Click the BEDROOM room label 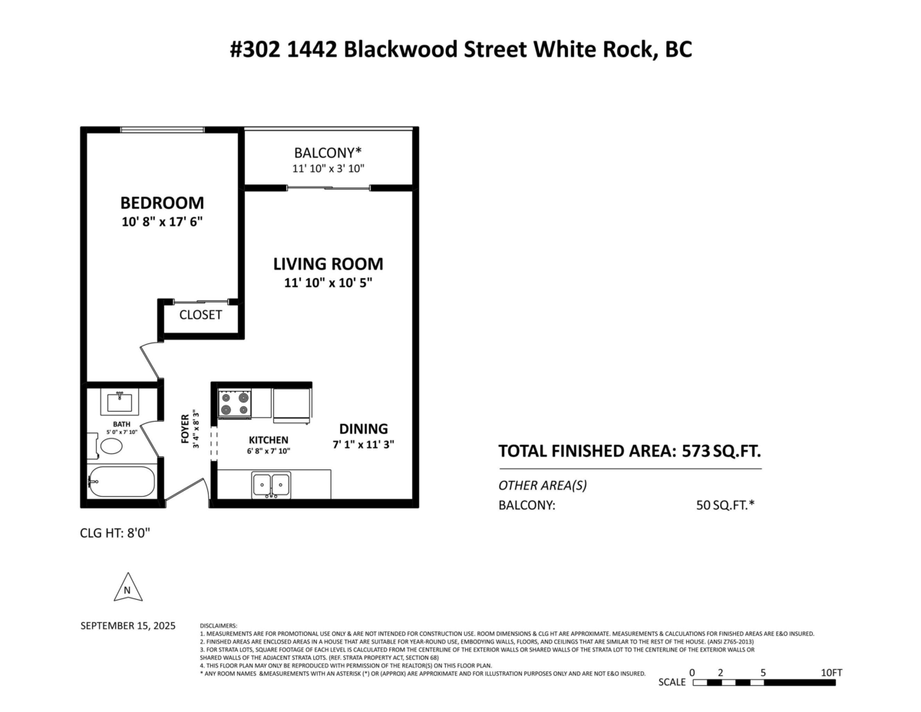coord(162,204)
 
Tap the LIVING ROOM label coord(328,264)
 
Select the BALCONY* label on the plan coord(328,153)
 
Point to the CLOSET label coord(200,315)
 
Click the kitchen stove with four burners coord(236,403)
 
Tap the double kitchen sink coord(272,485)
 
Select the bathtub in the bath coord(121,482)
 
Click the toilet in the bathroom coord(108,446)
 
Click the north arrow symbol coord(128,588)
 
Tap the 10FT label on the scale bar coord(831,673)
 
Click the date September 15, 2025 coord(128,626)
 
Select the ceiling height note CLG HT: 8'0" coord(115,532)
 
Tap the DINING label coord(364,429)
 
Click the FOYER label coord(185,429)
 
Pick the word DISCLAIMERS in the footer coord(219,626)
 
